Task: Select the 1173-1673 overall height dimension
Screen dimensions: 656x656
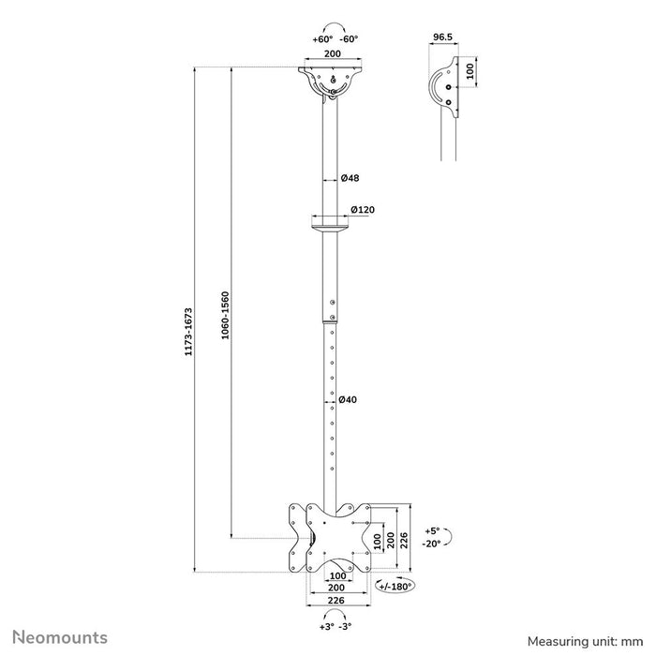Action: (x=188, y=333)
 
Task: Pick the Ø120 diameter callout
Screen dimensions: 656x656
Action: (x=362, y=210)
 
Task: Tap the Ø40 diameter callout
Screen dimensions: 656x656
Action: (x=346, y=400)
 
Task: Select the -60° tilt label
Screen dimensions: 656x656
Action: (x=350, y=39)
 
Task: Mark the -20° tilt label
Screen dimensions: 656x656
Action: (x=431, y=543)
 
